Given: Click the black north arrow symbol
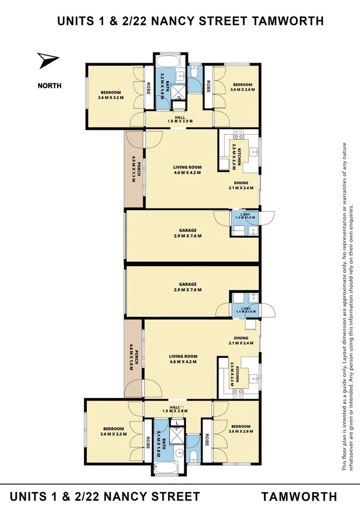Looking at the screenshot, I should [x=48, y=61].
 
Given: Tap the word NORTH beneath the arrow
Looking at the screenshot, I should [x=50, y=85].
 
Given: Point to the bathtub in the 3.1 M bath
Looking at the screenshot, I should [x=167, y=468].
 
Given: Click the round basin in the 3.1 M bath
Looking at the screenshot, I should [x=180, y=454].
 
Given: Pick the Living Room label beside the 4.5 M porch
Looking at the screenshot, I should [x=187, y=170].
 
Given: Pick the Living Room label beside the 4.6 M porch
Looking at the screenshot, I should [x=183, y=359].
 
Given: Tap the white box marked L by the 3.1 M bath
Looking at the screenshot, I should [x=177, y=423].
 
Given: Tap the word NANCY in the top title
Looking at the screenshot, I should [x=192, y=21].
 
